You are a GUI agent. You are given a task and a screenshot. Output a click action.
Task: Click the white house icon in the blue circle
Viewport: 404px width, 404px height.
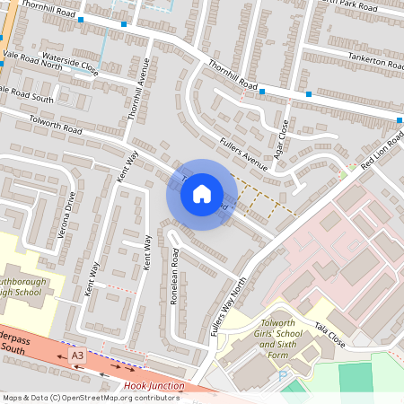click(x=202, y=194)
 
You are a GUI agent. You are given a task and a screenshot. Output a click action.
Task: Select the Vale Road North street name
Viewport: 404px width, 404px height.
click(x=32, y=60)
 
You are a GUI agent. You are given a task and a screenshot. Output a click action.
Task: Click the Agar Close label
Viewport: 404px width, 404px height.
click(x=284, y=137)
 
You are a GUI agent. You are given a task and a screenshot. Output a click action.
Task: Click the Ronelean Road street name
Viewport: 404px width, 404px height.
click(x=175, y=277)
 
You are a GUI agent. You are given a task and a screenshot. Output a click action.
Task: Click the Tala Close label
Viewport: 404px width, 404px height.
click(x=329, y=333)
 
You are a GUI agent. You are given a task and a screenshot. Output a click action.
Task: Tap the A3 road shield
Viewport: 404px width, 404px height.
click(x=78, y=356)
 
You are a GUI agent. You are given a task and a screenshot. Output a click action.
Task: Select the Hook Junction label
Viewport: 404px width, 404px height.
click(x=154, y=386)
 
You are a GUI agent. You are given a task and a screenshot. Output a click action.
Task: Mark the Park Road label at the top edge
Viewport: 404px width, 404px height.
click(x=364, y=4)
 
